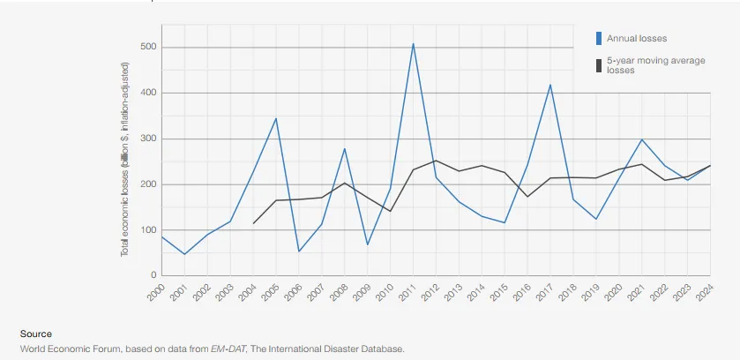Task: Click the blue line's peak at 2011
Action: point(413,44)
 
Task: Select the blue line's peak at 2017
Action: point(550,85)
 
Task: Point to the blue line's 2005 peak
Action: point(276,118)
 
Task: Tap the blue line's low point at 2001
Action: point(184,254)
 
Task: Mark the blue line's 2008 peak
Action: point(345,149)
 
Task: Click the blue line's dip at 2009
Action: point(367,244)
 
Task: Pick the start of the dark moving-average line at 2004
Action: point(253,223)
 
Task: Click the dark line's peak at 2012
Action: point(436,161)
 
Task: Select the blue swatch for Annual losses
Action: point(599,38)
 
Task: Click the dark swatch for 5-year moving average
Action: point(599,65)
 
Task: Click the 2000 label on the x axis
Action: point(155,293)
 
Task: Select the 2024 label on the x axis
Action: point(704,293)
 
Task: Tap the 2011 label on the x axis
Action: point(407,293)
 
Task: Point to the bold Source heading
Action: point(36,334)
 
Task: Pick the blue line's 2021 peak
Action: point(642,139)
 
